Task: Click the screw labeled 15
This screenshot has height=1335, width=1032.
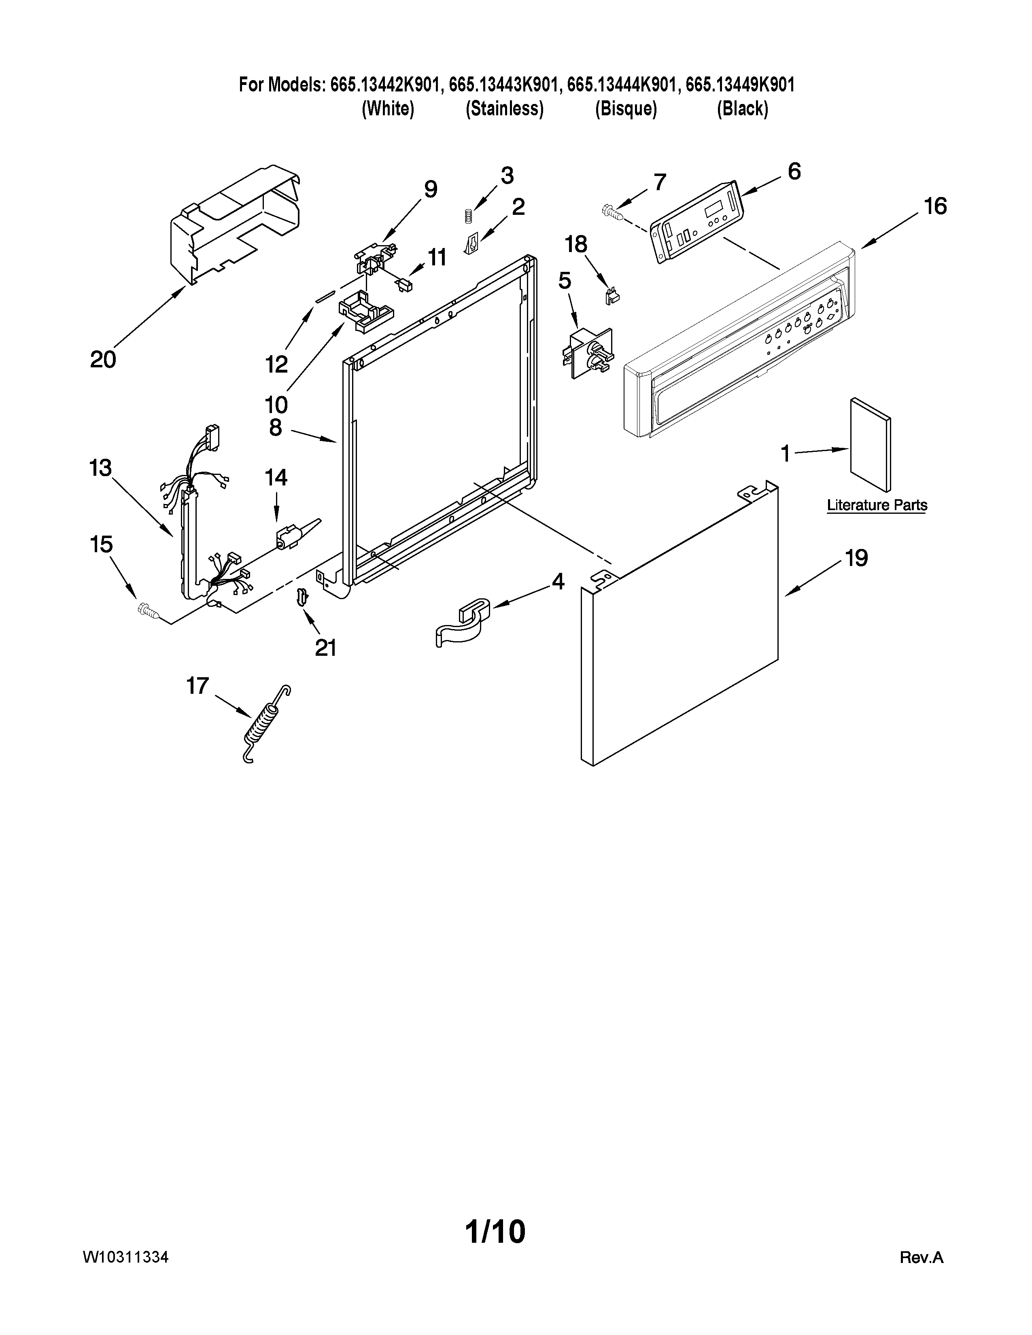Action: click(148, 609)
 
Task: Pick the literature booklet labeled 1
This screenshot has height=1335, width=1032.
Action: click(869, 444)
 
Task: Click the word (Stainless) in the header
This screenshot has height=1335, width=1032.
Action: click(504, 109)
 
